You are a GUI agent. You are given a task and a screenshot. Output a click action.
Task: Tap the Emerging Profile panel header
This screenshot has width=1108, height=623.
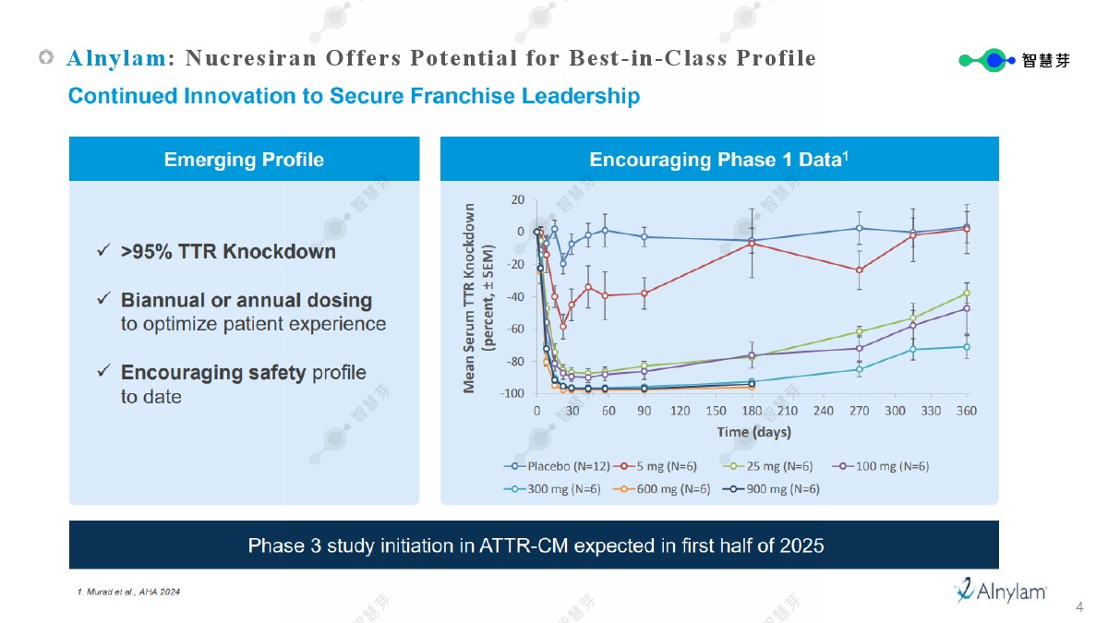[x=244, y=160]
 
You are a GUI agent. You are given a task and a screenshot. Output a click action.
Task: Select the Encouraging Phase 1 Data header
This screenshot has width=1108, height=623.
[x=718, y=160]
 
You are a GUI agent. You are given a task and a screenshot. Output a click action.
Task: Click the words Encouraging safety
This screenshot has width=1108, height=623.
[x=213, y=373]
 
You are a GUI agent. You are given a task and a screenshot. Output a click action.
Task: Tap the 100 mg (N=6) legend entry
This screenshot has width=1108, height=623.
[x=883, y=466]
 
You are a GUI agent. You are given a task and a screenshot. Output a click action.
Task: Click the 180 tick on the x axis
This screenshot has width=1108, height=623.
[x=751, y=411]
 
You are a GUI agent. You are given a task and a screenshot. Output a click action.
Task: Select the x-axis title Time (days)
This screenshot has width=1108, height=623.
[x=753, y=432]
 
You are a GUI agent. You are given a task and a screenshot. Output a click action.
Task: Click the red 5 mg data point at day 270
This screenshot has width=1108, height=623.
[x=859, y=270]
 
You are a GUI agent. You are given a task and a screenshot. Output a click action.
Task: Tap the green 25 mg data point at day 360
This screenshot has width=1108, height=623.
[x=967, y=293]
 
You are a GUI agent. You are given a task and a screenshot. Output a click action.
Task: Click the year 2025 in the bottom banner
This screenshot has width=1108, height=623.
[x=801, y=545]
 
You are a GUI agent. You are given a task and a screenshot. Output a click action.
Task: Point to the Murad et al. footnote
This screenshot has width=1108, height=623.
[x=128, y=592]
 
